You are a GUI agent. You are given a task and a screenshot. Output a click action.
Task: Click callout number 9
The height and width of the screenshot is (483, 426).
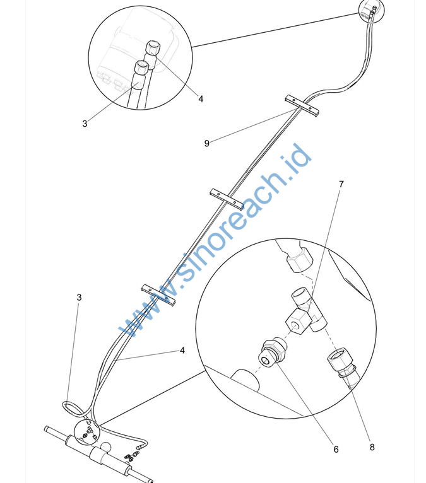point(207,143)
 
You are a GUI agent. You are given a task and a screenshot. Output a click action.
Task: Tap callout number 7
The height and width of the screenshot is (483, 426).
point(341,184)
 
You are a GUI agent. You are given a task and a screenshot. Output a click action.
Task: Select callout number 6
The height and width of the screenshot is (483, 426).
point(336,450)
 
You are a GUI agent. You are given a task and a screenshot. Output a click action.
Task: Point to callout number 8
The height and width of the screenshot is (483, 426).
point(372,447)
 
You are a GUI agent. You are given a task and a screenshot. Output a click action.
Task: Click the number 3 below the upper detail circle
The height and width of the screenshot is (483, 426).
point(85,124)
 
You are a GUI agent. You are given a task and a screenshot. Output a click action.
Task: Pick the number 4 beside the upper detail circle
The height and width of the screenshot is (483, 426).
point(201,99)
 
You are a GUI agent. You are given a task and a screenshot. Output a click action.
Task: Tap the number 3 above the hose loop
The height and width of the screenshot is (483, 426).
point(79,297)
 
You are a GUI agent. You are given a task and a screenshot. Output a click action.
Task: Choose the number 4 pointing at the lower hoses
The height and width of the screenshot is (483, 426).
point(182,350)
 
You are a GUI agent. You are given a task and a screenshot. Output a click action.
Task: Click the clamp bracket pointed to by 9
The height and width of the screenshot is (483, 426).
point(302,106)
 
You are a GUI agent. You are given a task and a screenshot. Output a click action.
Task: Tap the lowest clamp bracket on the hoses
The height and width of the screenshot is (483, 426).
point(158,295)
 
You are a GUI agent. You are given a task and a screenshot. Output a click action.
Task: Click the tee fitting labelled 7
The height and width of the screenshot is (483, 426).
point(306,311)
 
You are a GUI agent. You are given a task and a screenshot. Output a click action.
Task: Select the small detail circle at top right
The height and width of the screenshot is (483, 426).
point(372,10)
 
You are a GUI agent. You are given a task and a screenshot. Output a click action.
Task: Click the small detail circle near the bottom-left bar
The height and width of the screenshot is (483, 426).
point(87,433)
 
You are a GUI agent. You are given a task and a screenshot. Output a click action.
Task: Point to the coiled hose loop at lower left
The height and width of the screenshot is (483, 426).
point(73,409)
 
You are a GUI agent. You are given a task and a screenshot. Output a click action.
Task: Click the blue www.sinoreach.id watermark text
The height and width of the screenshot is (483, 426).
point(215,241)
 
